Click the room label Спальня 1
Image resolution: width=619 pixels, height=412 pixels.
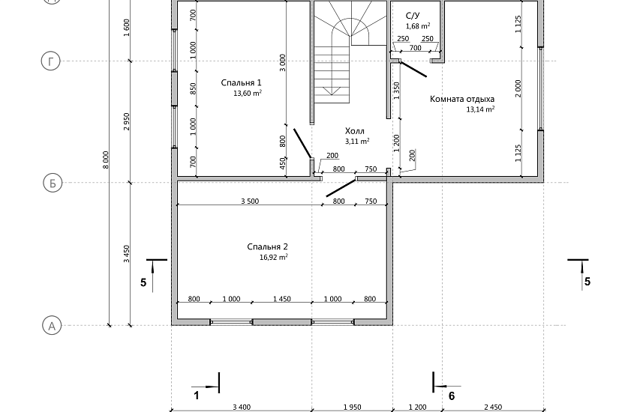[242, 82]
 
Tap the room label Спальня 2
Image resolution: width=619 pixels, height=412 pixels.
[268, 246]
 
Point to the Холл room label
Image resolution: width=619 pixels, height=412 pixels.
[356, 130]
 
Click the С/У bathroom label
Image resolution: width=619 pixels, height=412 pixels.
[413, 15]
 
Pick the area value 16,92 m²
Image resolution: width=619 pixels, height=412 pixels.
[274, 257]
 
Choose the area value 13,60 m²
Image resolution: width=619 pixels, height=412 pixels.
[248, 94]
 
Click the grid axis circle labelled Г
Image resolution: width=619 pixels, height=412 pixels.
[50, 61]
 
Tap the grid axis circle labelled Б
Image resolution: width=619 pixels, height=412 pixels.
[50, 183]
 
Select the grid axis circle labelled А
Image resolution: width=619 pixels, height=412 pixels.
[50, 326]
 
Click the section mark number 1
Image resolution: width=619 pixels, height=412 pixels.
[197, 395]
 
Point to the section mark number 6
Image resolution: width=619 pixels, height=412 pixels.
[451, 395]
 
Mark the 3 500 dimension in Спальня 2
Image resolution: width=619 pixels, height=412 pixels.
[250, 202]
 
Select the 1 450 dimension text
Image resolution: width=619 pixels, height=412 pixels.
[282, 299]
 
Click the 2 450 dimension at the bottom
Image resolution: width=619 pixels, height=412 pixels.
[491, 407]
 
